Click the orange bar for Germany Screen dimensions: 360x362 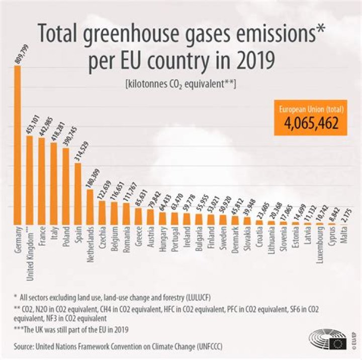pyautogui.click(x=17, y=146)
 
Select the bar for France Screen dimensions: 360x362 pyautogui.click(x=42, y=181)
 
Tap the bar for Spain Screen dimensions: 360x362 pyautogui.click(x=78, y=193)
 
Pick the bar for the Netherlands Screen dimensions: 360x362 pyautogui.click(x=90, y=206)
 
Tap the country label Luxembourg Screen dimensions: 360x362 pyautogui.click(x=320, y=247)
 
